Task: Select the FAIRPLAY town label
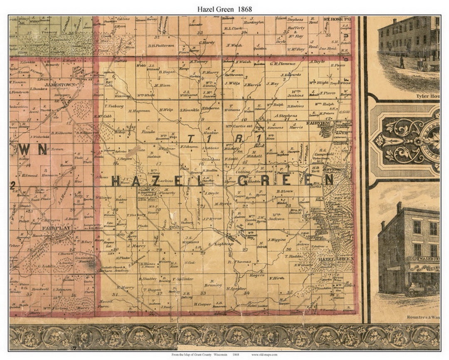coord(52,228)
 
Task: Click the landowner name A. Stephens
coord(285,116)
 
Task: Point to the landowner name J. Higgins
coord(276,240)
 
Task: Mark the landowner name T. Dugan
coord(151,290)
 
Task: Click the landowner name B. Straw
coord(285,191)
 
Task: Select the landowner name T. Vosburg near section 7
coord(114,106)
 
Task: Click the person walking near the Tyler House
coord(402,62)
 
